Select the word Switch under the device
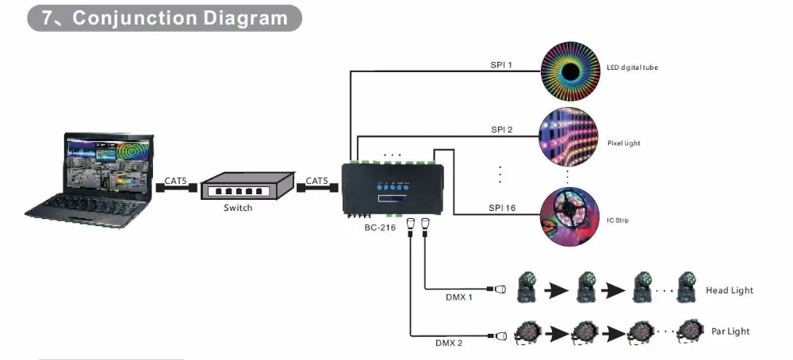pos(238,208)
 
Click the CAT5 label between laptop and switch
pos(175,181)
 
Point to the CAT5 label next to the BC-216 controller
pos(317,181)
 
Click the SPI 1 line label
pos(501,63)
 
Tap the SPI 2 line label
pos(501,129)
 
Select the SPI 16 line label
pos(504,207)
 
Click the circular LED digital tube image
pos(569,67)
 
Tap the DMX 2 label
pos(448,343)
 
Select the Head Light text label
pos(730,291)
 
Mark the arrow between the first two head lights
pos(557,291)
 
